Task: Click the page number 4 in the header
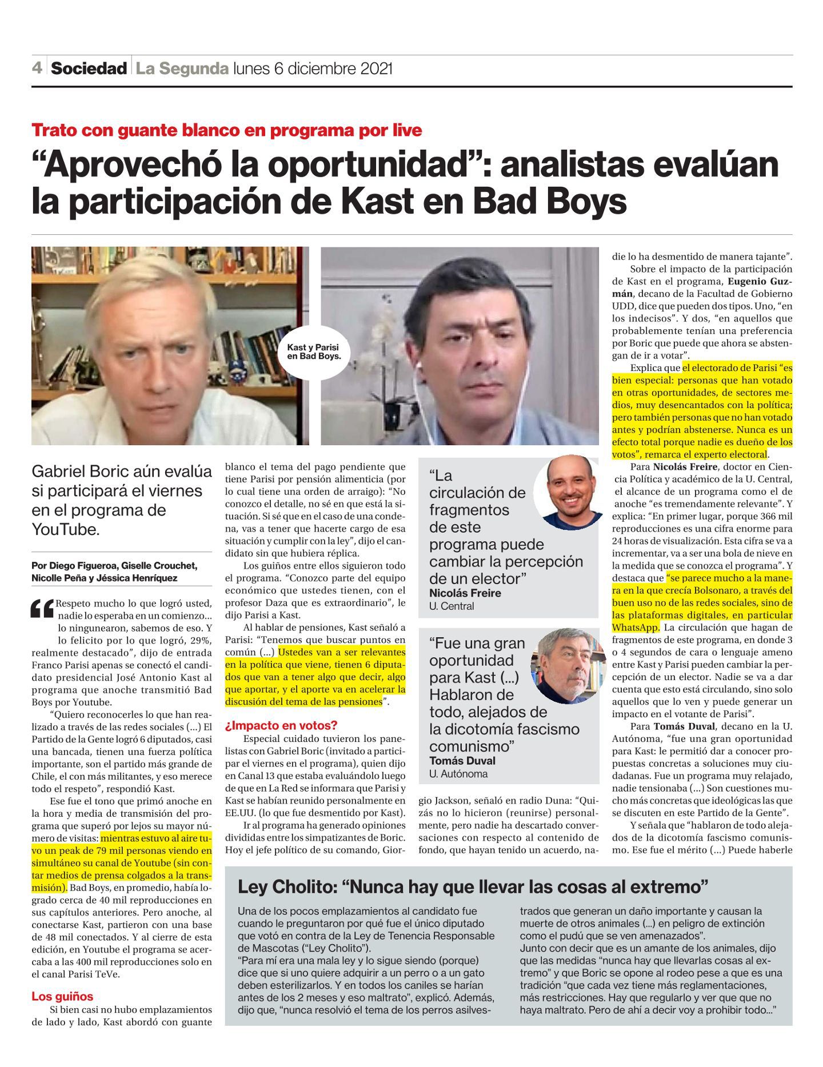[37, 69]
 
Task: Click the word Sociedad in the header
[89, 69]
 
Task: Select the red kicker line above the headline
[227, 130]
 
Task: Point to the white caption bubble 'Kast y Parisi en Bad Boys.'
[313, 351]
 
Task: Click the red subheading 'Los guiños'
[62, 997]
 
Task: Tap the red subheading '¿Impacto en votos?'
[281, 726]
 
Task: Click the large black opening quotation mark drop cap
[43, 610]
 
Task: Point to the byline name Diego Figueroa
[84, 566]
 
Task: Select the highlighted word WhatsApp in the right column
[636, 628]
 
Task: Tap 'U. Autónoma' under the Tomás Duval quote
[458, 774]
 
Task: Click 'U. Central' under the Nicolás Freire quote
[452, 606]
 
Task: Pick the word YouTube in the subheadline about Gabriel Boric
[65, 529]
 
